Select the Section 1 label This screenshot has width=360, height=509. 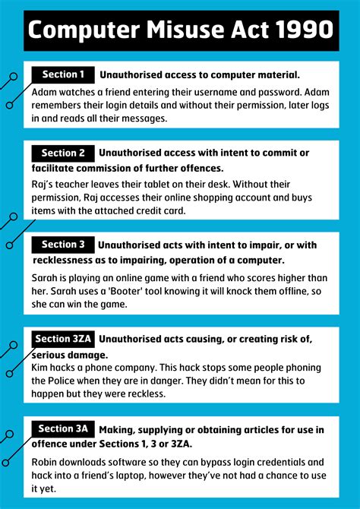point(63,74)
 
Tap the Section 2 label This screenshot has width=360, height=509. point(63,153)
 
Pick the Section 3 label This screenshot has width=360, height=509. point(63,245)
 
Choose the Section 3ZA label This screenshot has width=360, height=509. point(64,339)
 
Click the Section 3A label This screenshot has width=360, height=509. point(63,428)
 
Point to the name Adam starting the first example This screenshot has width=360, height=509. point(45,91)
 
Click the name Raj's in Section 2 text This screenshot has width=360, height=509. point(44,184)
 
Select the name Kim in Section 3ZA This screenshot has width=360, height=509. point(41,368)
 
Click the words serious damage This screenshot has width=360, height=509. point(69,355)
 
